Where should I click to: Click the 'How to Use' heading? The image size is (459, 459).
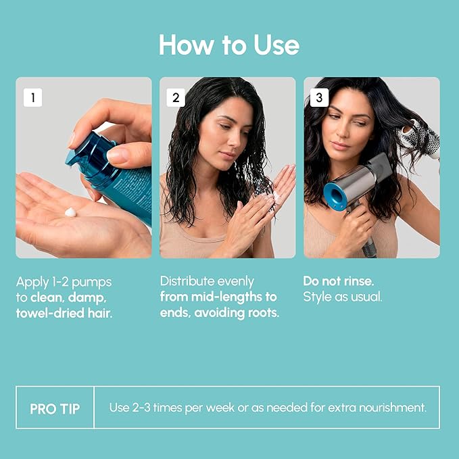pyautogui.click(x=229, y=45)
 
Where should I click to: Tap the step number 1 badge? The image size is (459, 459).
pyautogui.click(x=32, y=97)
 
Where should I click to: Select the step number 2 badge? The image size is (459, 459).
pyautogui.click(x=176, y=97)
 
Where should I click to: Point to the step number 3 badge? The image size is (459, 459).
pyautogui.click(x=320, y=97)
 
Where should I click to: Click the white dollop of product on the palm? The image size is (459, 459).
pyautogui.click(x=70, y=212)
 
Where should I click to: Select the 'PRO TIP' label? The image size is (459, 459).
pyautogui.click(x=55, y=408)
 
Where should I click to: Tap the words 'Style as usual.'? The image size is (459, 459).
pyautogui.click(x=343, y=297)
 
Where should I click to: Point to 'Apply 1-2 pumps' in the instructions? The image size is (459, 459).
pyautogui.click(x=64, y=281)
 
